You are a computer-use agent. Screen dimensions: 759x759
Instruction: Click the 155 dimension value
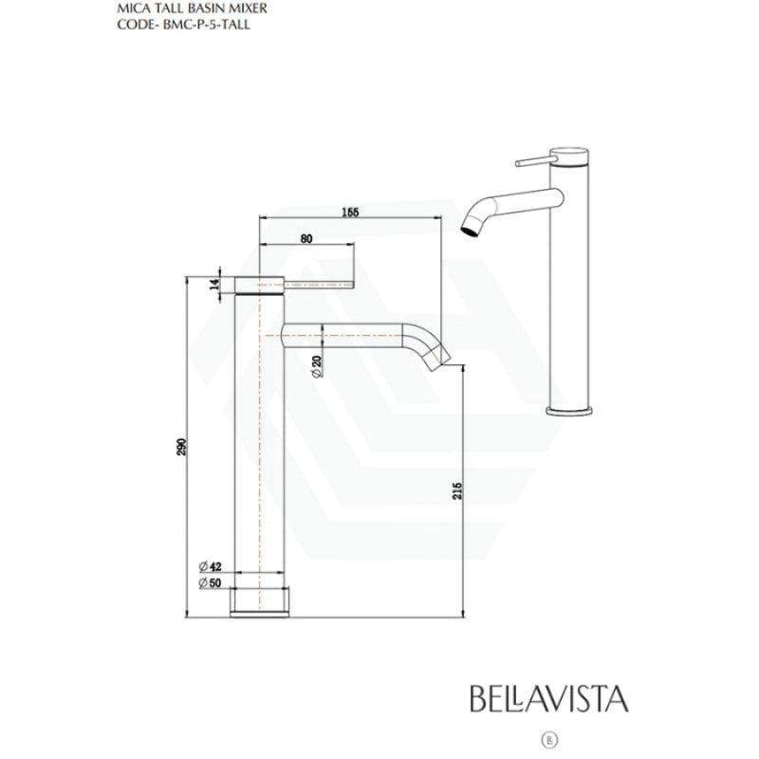[x=350, y=212]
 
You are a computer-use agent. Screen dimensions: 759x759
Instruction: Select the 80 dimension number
[x=306, y=239]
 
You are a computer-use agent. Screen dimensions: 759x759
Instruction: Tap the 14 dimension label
[x=214, y=284]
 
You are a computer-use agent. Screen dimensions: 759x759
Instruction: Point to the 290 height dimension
[x=181, y=447]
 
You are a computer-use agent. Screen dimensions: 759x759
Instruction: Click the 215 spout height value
[x=457, y=491]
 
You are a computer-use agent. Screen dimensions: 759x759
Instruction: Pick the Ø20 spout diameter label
[x=317, y=366]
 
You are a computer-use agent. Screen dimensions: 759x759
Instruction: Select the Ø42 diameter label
[x=210, y=566]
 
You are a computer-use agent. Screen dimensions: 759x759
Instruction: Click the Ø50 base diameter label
[x=210, y=583]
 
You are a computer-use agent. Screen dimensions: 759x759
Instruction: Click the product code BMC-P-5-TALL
[x=207, y=25]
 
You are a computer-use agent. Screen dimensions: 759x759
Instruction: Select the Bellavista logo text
[x=549, y=698]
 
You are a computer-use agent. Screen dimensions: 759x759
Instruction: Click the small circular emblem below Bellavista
[x=549, y=740]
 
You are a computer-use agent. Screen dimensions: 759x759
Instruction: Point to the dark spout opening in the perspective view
[x=470, y=231]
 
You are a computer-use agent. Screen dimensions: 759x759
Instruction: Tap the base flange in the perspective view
[x=569, y=412]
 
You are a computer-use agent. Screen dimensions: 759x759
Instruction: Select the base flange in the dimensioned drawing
[x=259, y=602]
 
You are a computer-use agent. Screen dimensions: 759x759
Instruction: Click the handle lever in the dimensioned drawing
[x=319, y=285]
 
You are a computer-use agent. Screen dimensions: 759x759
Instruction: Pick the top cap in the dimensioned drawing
[x=259, y=286]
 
